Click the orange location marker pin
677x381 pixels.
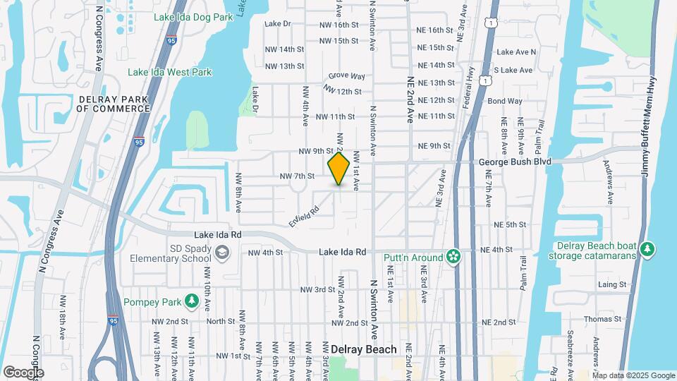click(x=339, y=168)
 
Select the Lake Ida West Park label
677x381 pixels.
click(x=169, y=72)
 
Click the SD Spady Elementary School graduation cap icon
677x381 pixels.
click(x=222, y=252)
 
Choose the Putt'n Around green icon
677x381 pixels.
click(x=453, y=258)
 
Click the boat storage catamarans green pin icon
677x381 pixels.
click(x=647, y=249)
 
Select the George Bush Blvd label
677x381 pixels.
click(x=515, y=162)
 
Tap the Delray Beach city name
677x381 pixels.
click(x=363, y=349)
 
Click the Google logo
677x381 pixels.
click(x=23, y=372)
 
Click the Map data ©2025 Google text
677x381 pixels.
click(x=633, y=375)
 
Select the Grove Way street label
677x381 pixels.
click(x=347, y=75)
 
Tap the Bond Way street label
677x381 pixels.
click(x=505, y=101)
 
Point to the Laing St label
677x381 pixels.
click(x=612, y=284)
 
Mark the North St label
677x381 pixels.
click(x=221, y=321)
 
